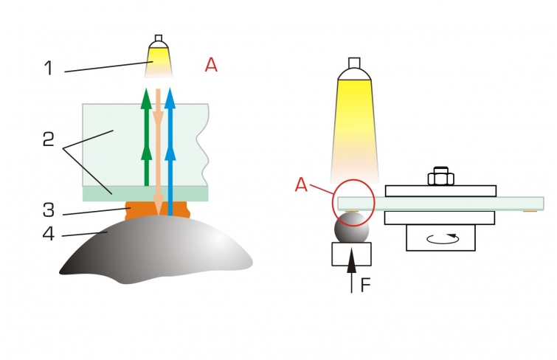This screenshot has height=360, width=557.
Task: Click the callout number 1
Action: pyautogui.click(x=49, y=68)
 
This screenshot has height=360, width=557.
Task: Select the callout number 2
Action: pyautogui.click(x=48, y=139)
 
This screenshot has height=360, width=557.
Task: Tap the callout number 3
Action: pyautogui.click(x=49, y=210)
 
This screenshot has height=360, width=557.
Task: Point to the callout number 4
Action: pyautogui.click(x=48, y=234)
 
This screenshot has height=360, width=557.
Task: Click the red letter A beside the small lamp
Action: pyautogui.click(x=211, y=65)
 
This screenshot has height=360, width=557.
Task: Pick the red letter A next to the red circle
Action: pyautogui.click(x=301, y=185)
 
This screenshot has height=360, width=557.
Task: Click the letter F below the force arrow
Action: pyautogui.click(x=365, y=285)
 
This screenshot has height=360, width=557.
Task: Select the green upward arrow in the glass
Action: pyautogui.click(x=146, y=136)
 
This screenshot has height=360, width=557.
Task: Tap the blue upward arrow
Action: pyautogui.click(x=170, y=152)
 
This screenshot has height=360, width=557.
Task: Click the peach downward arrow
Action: pyautogui.click(x=158, y=152)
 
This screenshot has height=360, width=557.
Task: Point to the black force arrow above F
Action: pyautogui.click(x=351, y=270)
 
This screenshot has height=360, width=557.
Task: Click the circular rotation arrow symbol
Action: pyautogui.click(x=442, y=238)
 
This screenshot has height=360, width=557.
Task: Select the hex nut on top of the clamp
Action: pyautogui.click(x=441, y=176)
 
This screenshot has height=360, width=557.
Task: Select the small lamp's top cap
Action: pyautogui.click(x=159, y=38)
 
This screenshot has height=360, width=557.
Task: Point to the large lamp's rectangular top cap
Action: pyautogui.click(x=354, y=63)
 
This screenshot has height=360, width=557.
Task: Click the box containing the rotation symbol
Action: pyautogui.click(x=441, y=238)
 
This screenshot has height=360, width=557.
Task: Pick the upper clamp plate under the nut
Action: pyautogui.click(x=441, y=191)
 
